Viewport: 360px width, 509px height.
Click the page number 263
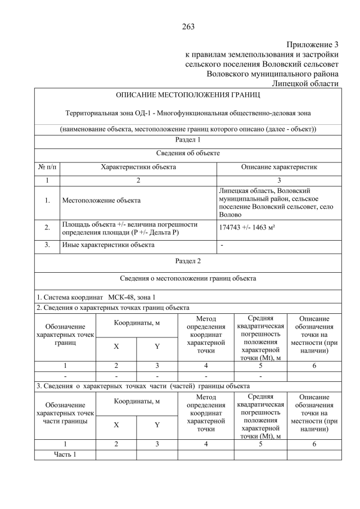pyautogui.click(x=188, y=26)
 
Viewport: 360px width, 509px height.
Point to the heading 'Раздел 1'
pyautogui.click(x=188, y=139)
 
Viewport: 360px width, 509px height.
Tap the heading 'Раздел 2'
pyautogui.click(x=188, y=261)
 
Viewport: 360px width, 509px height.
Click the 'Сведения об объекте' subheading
pyautogui.click(x=188, y=153)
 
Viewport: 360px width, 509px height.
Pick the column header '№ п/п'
pyautogui.click(x=47, y=167)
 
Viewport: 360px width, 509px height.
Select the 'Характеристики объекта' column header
pyautogui.click(x=138, y=167)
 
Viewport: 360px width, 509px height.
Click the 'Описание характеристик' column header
pyautogui.click(x=279, y=167)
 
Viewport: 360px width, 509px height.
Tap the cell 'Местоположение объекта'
pyautogui.click(x=101, y=200)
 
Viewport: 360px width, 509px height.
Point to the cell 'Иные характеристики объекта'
pyautogui.click(x=108, y=245)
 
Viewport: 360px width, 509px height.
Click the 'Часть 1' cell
pyautogui.click(x=65, y=454)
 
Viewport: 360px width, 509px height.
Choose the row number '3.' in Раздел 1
pyautogui.click(x=47, y=245)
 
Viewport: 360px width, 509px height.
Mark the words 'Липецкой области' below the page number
pyautogui.click(x=305, y=83)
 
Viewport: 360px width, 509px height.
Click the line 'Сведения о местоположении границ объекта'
pyautogui.click(x=188, y=278)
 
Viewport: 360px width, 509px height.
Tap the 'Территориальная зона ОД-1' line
pyautogui.click(x=188, y=114)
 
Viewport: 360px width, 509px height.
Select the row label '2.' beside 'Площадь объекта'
pyautogui.click(x=47, y=227)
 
